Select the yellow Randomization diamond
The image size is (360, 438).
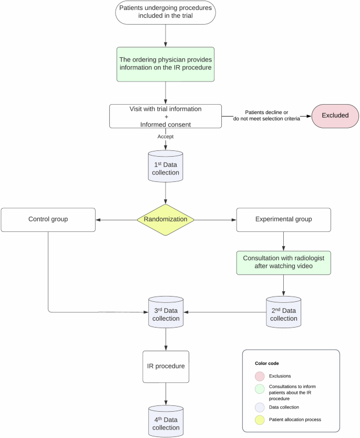tap(166, 220)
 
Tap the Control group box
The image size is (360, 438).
tap(48, 220)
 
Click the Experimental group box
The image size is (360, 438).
tap(284, 220)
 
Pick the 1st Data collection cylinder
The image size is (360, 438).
tap(166, 166)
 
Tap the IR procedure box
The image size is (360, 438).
tap(166, 367)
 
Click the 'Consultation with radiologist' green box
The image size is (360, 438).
tap(284, 262)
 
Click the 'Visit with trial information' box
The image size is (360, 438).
tap(166, 116)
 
